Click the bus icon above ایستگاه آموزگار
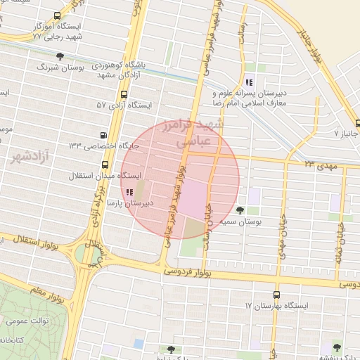point(57,15)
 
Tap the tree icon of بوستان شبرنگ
point(60,56)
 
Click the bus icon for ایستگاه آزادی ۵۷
point(124,94)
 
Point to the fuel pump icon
point(105,135)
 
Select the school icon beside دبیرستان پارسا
point(129,192)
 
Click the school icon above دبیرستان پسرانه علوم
point(250,82)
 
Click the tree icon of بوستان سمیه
point(240,210)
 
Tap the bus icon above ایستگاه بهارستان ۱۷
point(276,295)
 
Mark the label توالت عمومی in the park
point(22,321)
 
